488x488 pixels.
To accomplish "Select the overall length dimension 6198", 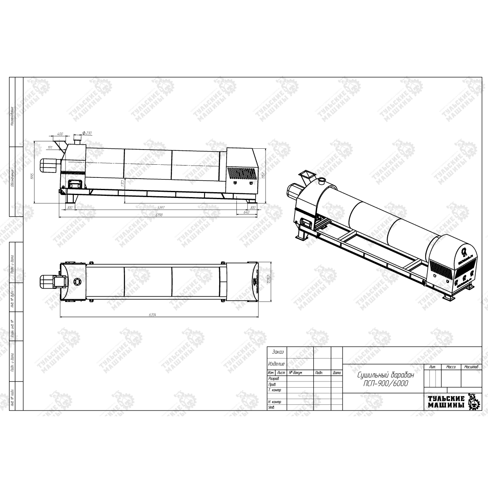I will point(154,215).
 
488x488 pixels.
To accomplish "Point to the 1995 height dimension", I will point(32,177).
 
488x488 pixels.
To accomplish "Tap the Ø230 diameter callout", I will point(87,133).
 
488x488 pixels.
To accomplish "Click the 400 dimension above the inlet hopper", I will point(61,134).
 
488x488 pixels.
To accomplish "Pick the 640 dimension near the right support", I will point(246,213).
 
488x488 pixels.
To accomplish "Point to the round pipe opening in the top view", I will point(77,281).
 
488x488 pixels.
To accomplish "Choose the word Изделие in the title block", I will point(276,363).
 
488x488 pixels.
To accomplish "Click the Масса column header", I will point(451,367).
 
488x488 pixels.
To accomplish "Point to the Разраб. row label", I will point(273,379).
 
